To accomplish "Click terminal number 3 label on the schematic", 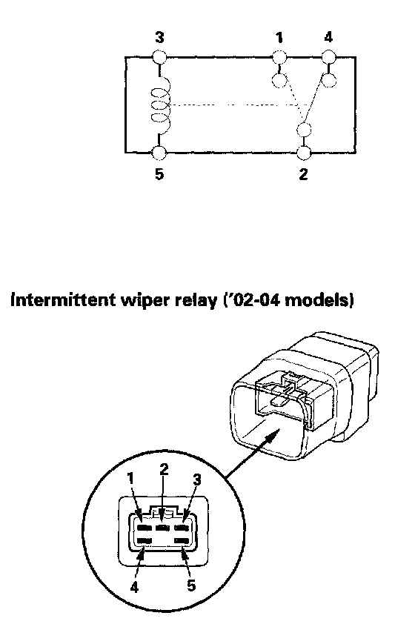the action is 159,38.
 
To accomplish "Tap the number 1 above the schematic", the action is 279,38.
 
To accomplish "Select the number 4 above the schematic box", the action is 328,37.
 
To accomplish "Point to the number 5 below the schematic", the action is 159,174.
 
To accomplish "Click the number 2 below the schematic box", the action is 303,174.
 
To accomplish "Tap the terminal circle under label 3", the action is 159,57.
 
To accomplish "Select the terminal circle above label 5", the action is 159,153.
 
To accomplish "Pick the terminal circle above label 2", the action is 304,153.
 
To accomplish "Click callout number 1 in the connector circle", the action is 130,478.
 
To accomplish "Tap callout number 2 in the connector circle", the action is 164,469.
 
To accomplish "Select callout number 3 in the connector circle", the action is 196,479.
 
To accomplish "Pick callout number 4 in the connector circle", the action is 134,587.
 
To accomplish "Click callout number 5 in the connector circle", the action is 191,585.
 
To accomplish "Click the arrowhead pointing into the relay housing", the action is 272,434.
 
